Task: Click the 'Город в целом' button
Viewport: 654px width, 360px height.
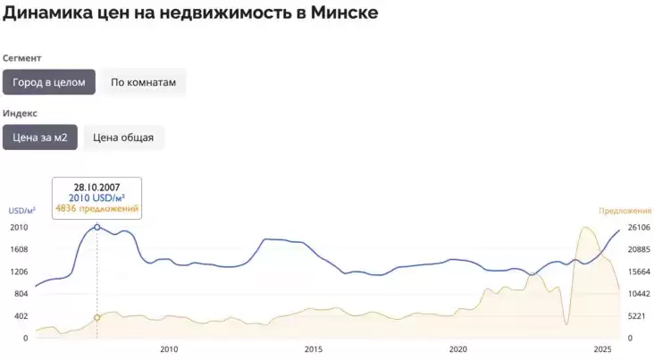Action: point(48,82)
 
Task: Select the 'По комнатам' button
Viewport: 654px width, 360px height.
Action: point(143,82)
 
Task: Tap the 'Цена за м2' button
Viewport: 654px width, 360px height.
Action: point(39,137)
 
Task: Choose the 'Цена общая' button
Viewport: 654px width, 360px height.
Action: point(123,137)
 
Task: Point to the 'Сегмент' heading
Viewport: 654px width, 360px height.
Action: point(22,58)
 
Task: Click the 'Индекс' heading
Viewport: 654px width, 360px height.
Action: point(21,113)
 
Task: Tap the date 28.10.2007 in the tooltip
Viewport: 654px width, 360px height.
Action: point(97,187)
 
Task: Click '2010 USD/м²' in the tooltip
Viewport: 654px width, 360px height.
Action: point(97,197)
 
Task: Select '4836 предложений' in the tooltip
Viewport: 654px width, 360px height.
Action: point(97,208)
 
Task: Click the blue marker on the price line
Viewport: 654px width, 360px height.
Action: point(97,227)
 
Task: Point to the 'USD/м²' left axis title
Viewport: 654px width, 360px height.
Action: point(22,211)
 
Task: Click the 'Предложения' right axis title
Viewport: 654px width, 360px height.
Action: point(625,211)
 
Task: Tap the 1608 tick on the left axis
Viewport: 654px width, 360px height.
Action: point(20,249)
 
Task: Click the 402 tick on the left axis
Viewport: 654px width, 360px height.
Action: point(20,316)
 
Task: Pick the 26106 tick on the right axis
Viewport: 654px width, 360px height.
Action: point(638,227)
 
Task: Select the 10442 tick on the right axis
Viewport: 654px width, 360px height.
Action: point(638,294)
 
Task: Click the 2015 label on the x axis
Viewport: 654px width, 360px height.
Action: point(314,349)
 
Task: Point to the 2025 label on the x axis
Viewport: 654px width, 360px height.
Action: point(602,349)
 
